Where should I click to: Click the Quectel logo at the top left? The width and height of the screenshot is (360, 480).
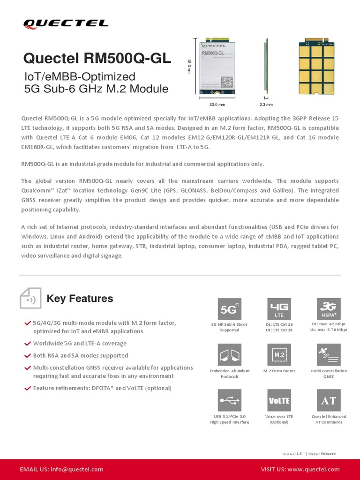tap(66, 23)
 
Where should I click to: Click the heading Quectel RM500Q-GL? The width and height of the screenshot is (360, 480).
tap(97, 59)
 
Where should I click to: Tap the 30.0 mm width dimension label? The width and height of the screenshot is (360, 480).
tap(217, 105)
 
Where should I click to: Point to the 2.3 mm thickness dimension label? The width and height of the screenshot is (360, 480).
tap(266, 105)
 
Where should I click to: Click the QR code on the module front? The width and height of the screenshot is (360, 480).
tap(227, 82)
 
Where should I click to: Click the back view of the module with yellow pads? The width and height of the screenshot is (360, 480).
tap(316, 66)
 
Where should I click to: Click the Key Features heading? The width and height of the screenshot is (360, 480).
tap(80, 299)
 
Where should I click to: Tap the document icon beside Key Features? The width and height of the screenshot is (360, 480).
tap(30, 299)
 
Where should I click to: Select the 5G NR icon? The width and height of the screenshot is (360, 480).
tap(230, 309)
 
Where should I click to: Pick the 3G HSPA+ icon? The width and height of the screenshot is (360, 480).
tap(329, 309)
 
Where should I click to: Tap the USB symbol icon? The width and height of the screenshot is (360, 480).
tap(230, 400)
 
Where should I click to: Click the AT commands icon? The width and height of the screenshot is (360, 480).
tap(329, 400)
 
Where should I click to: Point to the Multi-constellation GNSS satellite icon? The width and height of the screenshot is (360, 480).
tap(329, 355)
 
